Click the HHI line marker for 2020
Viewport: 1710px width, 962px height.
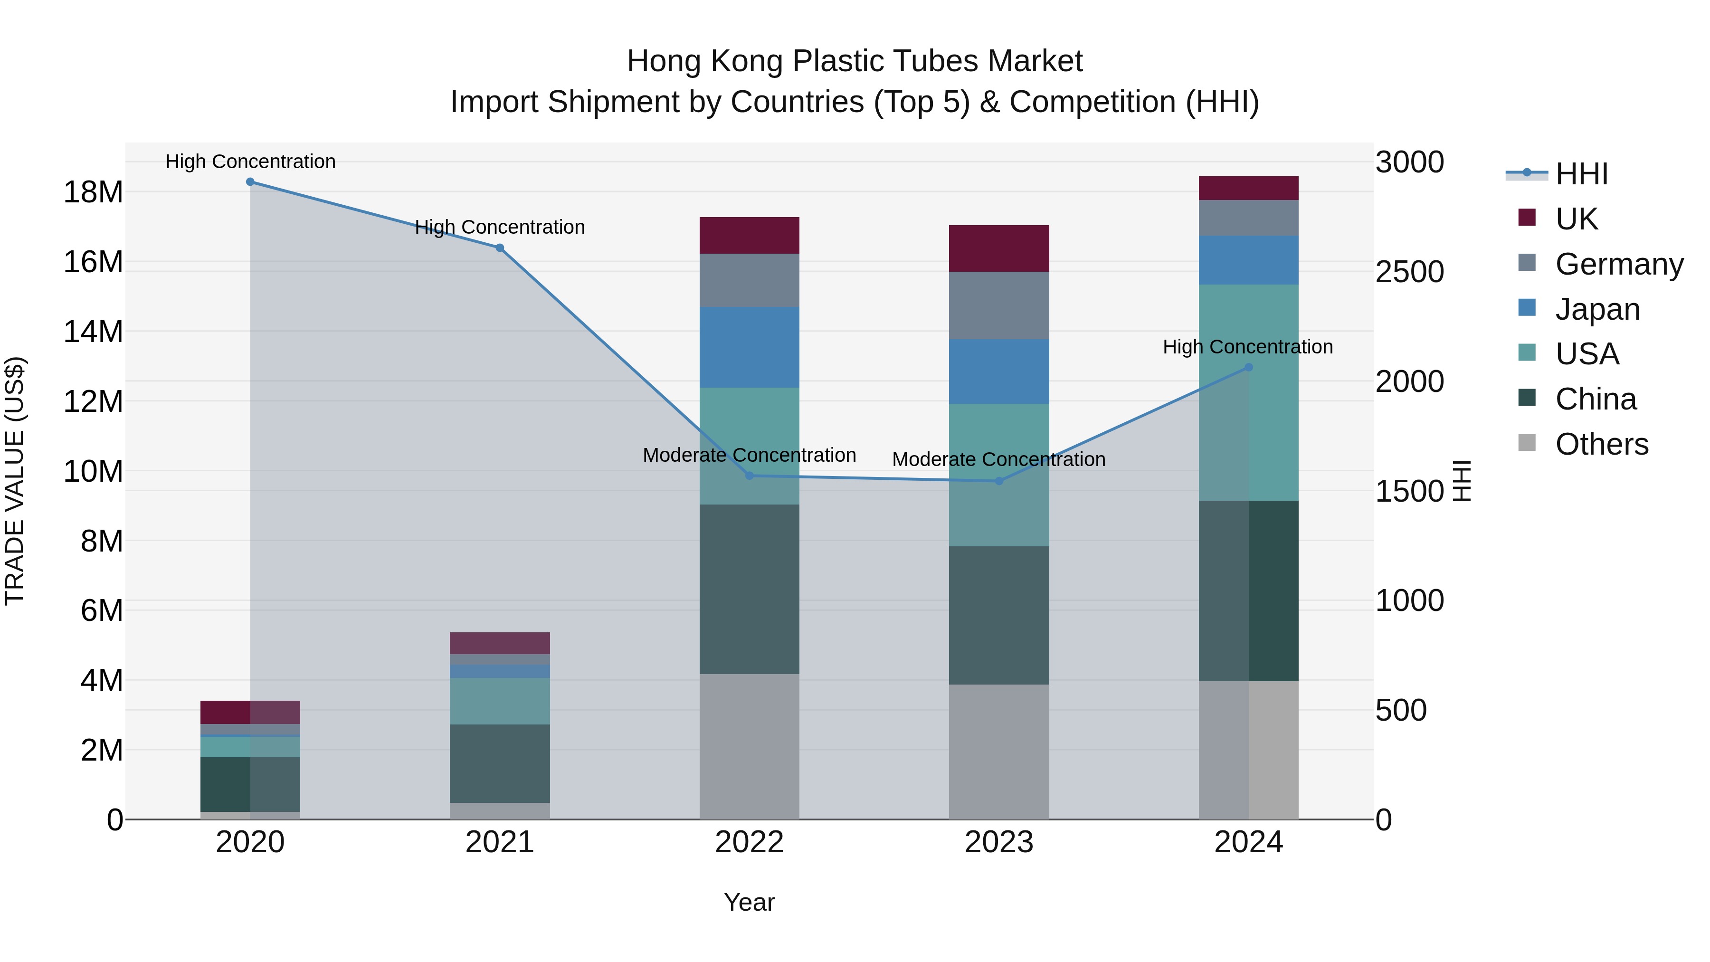(250, 182)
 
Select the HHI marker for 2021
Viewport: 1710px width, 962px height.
(500, 248)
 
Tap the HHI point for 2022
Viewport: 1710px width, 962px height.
(750, 476)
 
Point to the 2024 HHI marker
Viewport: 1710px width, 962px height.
(1249, 367)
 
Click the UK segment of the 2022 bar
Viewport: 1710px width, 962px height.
(750, 235)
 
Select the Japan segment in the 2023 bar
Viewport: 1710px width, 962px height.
(999, 372)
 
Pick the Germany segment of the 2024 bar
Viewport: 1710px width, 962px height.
(1249, 218)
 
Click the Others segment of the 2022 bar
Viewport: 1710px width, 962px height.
(750, 746)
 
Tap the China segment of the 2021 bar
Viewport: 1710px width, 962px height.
(500, 763)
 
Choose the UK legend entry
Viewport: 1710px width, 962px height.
(1576, 219)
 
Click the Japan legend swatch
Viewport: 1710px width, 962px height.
(1527, 308)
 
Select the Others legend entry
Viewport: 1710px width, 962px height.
(1601, 444)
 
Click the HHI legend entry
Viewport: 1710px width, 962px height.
(1581, 174)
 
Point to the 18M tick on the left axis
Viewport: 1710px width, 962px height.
(93, 192)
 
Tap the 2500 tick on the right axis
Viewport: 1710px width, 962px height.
(1409, 272)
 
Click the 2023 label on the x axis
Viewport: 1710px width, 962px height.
(999, 842)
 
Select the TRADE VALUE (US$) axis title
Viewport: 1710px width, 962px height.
(15, 481)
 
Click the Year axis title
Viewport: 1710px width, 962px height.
(750, 902)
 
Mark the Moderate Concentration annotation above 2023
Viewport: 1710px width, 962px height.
(998, 459)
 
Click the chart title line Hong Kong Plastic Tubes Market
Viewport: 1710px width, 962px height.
(855, 61)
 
